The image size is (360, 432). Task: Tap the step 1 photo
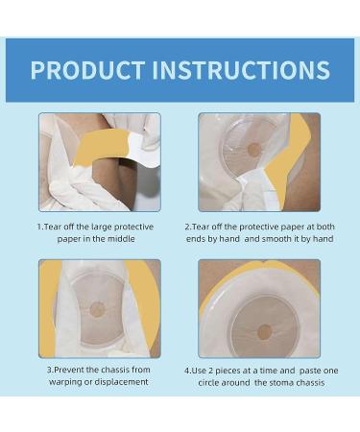pyautogui.click(x=99, y=161)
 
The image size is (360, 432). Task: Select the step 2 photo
pyautogui.click(x=259, y=161)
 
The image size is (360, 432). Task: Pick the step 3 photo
pyautogui.click(x=99, y=308)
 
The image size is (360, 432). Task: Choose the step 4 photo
pyautogui.click(x=259, y=308)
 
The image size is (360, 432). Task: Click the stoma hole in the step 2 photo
pyautogui.click(x=253, y=150)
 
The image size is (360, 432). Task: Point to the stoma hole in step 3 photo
pyautogui.click(x=98, y=309)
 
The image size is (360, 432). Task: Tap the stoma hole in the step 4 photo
pyautogui.click(x=264, y=332)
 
